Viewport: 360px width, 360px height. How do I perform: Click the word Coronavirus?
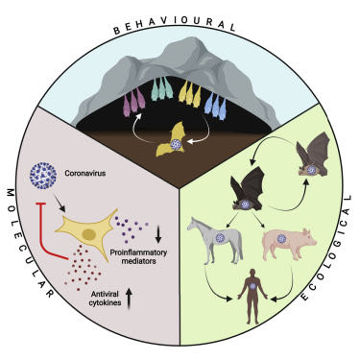point(85,174)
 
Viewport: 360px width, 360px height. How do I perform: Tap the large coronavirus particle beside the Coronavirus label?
point(43,176)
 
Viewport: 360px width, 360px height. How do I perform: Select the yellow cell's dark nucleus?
point(88,235)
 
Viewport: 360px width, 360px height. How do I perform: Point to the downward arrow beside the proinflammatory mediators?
point(158,234)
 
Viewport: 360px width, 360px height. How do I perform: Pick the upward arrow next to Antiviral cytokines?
point(129,299)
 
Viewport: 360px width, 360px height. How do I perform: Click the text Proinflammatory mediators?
point(138,256)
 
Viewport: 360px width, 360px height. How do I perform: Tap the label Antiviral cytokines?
point(106,299)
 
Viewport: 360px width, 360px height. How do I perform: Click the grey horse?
point(215,238)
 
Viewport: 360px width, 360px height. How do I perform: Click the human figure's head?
point(252,273)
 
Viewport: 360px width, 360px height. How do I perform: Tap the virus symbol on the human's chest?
point(252,286)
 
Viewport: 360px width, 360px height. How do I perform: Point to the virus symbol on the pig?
point(281,238)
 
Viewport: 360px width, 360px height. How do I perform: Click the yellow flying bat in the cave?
point(174,141)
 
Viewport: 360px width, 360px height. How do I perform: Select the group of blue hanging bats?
point(215,106)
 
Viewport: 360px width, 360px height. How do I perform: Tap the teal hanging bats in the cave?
point(162,88)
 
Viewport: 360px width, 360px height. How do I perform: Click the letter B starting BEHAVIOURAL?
point(116,31)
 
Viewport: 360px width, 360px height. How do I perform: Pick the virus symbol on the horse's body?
point(220,237)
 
